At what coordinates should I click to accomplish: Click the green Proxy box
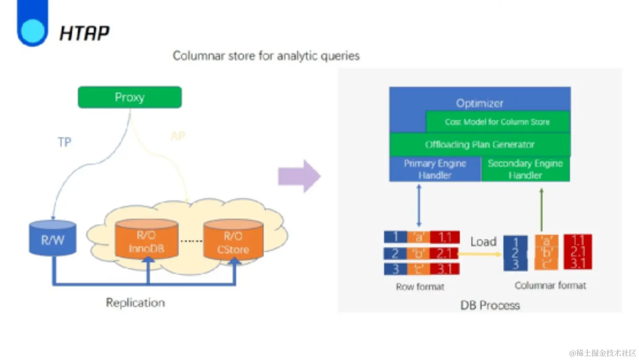pyautogui.click(x=130, y=97)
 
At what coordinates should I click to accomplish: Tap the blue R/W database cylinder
pyautogui.click(x=52, y=239)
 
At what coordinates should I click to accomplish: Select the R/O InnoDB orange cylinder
pyautogui.click(x=146, y=240)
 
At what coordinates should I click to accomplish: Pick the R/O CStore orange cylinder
pyautogui.click(x=233, y=241)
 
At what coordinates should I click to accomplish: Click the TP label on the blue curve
pyautogui.click(x=64, y=142)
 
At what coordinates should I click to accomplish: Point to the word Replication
pyautogui.click(x=135, y=303)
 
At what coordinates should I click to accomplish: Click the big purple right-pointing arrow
pyautogui.click(x=299, y=176)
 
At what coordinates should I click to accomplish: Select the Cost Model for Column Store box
pyautogui.click(x=497, y=122)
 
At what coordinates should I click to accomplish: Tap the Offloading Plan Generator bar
pyautogui.click(x=480, y=145)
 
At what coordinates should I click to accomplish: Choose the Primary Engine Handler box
pyautogui.click(x=435, y=169)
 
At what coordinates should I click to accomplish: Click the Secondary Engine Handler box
pyautogui.click(x=525, y=169)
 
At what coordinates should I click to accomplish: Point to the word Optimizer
pyautogui.click(x=480, y=103)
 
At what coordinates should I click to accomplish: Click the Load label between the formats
pyautogui.click(x=483, y=242)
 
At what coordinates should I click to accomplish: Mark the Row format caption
pyautogui.click(x=420, y=287)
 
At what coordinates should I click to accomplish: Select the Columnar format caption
pyautogui.click(x=550, y=285)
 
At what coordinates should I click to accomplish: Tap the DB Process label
pyautogui.click(x=490, y=305)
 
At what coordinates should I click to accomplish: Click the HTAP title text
pyautogui.click(x=84, y=33)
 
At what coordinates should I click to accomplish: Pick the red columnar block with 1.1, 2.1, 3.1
pyautogui.click(x=577, y=252)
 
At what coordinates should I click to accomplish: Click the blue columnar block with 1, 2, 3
pyautogui.click(x=515, y=253)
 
